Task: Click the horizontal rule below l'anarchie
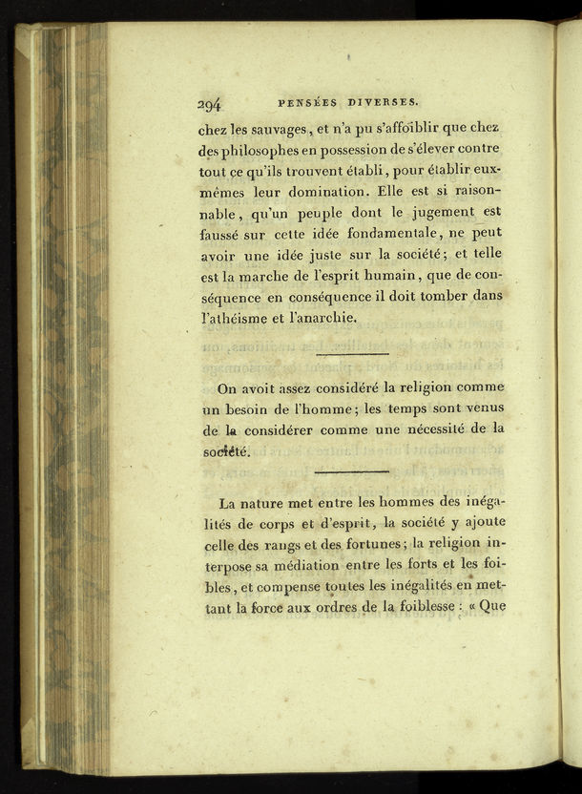pyautogui.click(x=351, y=353)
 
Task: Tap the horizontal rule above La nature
pyautogui.click(x=351, y=470)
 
